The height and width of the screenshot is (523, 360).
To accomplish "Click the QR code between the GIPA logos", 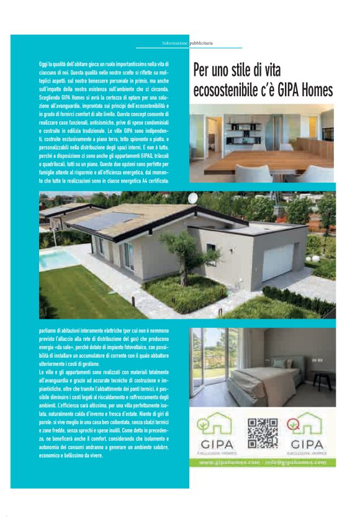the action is coord(263,432).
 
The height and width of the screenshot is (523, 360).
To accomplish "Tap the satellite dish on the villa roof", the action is coord(193,198).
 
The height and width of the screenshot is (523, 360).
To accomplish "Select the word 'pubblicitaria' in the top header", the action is coord(201,43).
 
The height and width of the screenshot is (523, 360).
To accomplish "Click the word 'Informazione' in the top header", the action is coord(174,43).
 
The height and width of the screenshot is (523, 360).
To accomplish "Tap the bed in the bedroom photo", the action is coord(263,378).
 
